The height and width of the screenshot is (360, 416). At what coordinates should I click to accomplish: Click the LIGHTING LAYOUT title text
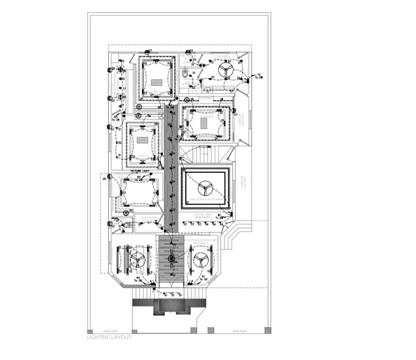110,337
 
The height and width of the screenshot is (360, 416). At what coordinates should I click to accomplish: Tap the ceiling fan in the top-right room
225,71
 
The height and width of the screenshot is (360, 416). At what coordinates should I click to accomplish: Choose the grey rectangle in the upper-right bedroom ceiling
204,122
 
